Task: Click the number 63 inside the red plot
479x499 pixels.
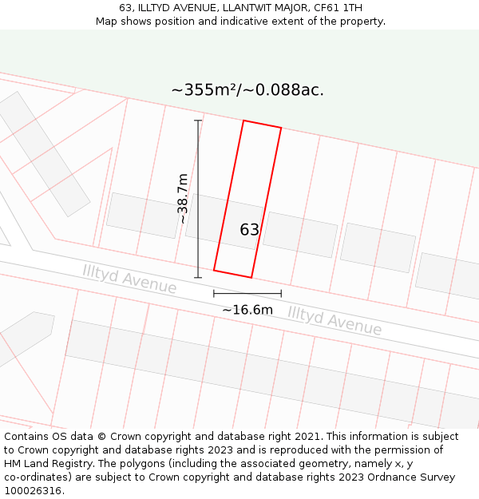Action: coord(250,230)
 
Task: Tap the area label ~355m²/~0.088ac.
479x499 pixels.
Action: coord(247,90)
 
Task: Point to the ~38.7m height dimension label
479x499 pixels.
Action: coord(183,199)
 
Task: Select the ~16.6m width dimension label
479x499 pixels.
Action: coord(247,310)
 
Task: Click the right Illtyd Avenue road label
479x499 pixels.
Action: coord(335,320)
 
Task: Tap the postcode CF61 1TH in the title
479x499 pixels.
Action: coord(338,7)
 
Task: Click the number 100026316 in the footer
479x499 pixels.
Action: coord(32,490)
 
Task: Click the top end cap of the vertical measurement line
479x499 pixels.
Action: coord(198,121)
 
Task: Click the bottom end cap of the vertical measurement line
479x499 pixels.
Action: coord(198,278)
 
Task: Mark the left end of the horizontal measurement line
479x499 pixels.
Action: coord(214,294)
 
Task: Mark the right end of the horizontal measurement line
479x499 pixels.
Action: coord(281,294)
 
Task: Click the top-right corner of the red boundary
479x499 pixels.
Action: coord(281,128)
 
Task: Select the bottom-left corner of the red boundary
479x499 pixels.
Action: coord(214,270)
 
